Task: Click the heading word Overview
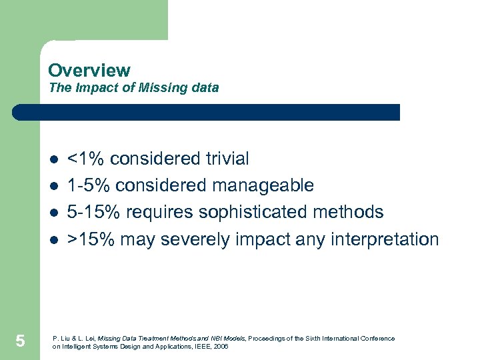89,70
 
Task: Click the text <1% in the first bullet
87,159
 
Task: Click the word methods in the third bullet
347,212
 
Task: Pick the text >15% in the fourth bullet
92,239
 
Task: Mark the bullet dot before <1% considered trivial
53,160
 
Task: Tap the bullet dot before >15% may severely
53,240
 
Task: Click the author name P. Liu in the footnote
61,339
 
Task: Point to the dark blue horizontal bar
207,112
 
